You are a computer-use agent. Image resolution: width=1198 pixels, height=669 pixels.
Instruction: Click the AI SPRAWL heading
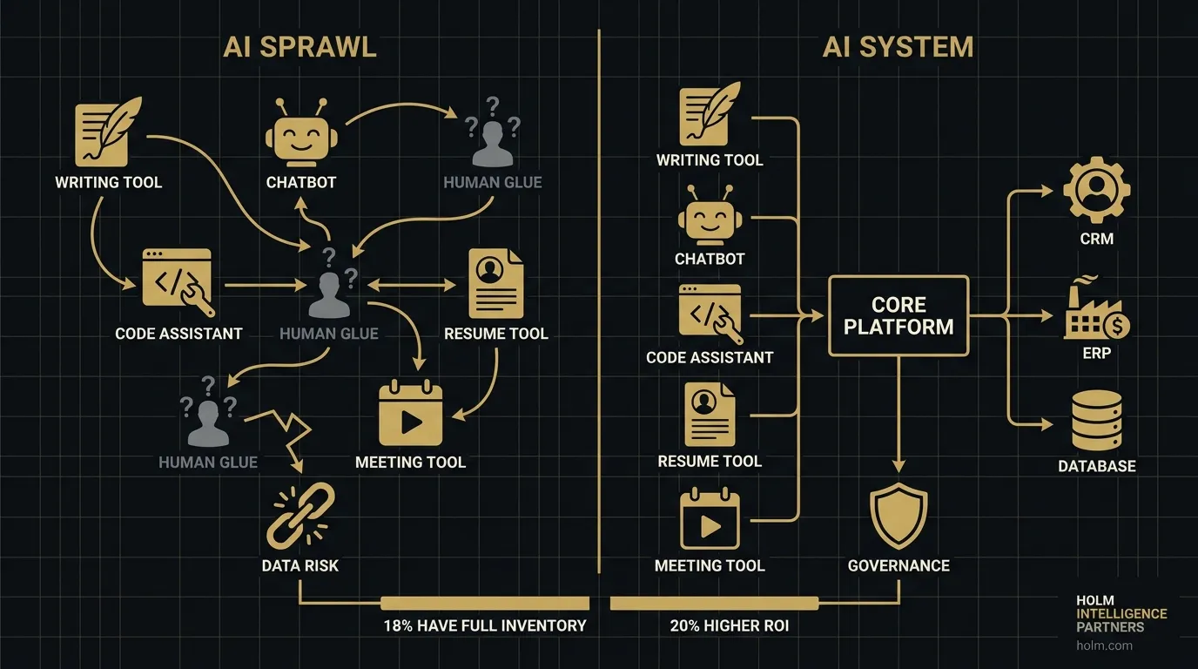point(299,46)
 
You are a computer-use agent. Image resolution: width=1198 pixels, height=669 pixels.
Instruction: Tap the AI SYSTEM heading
point(898,46)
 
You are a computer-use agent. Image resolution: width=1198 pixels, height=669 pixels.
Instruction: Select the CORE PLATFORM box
point(898,315)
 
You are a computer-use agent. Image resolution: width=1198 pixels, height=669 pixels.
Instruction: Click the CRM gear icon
point(1097,192)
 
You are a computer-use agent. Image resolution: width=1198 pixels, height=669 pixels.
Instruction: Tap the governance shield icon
point(898,517)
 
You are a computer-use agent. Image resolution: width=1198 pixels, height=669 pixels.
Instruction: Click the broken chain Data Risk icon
point(299,517)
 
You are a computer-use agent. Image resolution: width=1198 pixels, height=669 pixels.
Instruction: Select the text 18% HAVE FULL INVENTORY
point(485,625)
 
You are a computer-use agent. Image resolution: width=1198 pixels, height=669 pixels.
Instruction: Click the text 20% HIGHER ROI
point(729,625)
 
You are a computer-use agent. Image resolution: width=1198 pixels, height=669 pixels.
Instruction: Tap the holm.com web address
point(1104,645)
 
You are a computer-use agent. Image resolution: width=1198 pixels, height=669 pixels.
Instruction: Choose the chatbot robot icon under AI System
point(710,218)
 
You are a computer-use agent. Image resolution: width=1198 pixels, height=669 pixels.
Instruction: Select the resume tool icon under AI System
point(710,415)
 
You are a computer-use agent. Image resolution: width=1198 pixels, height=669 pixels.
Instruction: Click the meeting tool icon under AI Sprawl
point(411,416)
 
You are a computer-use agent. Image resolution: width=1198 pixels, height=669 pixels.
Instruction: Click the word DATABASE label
point(1097,466)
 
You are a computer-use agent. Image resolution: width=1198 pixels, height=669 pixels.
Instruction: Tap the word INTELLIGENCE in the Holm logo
point(1121,614)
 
